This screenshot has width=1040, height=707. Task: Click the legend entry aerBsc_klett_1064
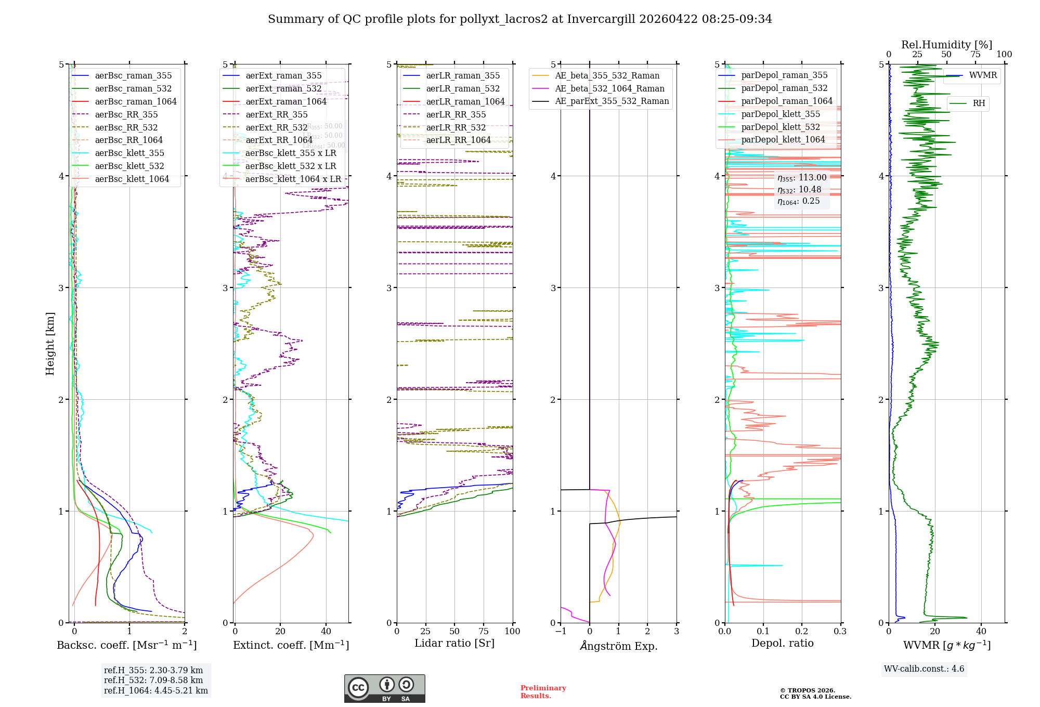coord(132,179)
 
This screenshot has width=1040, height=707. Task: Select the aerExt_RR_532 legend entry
coord(276,127)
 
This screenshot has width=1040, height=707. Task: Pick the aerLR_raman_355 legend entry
coord(462,76)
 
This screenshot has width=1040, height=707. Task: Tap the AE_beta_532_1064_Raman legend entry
coord(609,89)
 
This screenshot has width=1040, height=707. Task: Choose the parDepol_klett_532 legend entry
coord(780,127)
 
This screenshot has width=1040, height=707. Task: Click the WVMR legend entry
coord(982,76)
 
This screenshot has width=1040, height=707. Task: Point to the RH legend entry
coord(978,103)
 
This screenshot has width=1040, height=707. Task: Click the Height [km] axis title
coord(50,343)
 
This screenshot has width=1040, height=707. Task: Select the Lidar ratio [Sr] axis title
coord(454,644)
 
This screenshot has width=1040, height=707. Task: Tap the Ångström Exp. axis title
coord(618,646)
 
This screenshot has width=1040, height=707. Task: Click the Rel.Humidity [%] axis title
coord(946,45)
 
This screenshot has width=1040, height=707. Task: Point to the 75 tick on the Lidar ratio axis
coord(484,632)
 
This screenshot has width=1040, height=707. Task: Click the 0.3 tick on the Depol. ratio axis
coord(840,632)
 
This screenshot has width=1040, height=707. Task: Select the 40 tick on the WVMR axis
coord(981,632)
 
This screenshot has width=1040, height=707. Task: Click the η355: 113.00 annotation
coord(801,178)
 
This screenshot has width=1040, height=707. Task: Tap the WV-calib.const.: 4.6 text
coord(924,669)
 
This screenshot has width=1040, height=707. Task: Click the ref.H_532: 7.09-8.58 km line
coord(153,680)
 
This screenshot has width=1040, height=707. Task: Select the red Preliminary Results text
coord(543,692)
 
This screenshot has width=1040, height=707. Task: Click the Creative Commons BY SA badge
coord(384,688)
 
